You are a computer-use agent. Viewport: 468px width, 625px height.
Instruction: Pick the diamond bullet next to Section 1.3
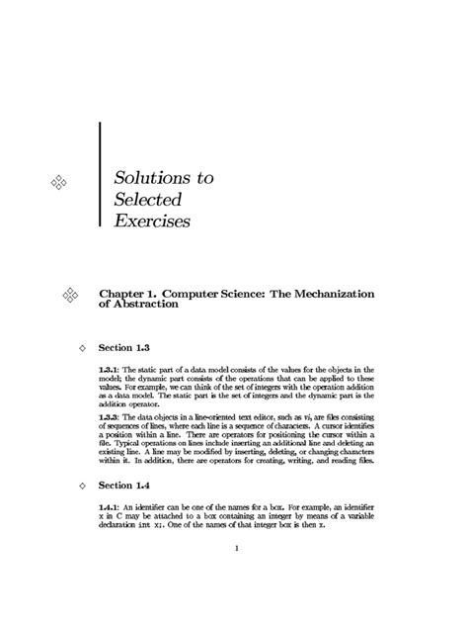[x=82, y=349]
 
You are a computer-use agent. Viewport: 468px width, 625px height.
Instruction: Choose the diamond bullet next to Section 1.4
[x=82, y=486]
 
